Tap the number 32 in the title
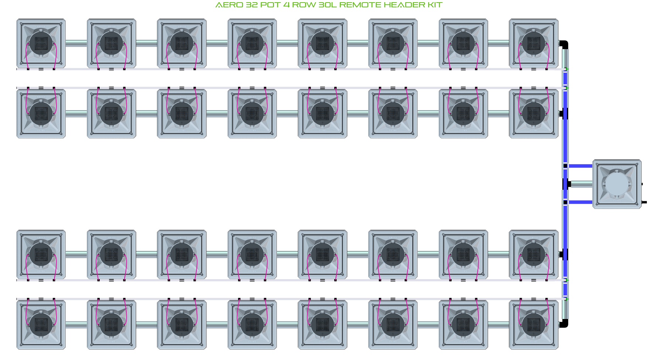(x=252, y=5)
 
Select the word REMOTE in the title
(x=360, y=5)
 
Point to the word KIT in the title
(x=435, y=5)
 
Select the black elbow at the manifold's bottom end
(x=564, y=323)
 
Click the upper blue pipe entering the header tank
(x=580, y=166)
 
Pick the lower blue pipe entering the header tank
(x=580, y=202)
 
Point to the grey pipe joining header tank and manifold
(x=582, y=184)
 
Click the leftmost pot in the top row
(x=41, y=43)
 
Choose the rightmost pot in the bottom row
(x=534, y=325)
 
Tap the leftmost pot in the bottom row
(x=41, y=325)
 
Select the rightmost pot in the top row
(x=534, y=43)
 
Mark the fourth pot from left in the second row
(x=252, y=113)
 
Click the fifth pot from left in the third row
(x=322, y=254)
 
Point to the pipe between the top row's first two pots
(x=76, y=43)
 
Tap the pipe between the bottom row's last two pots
(x=498, y=325)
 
